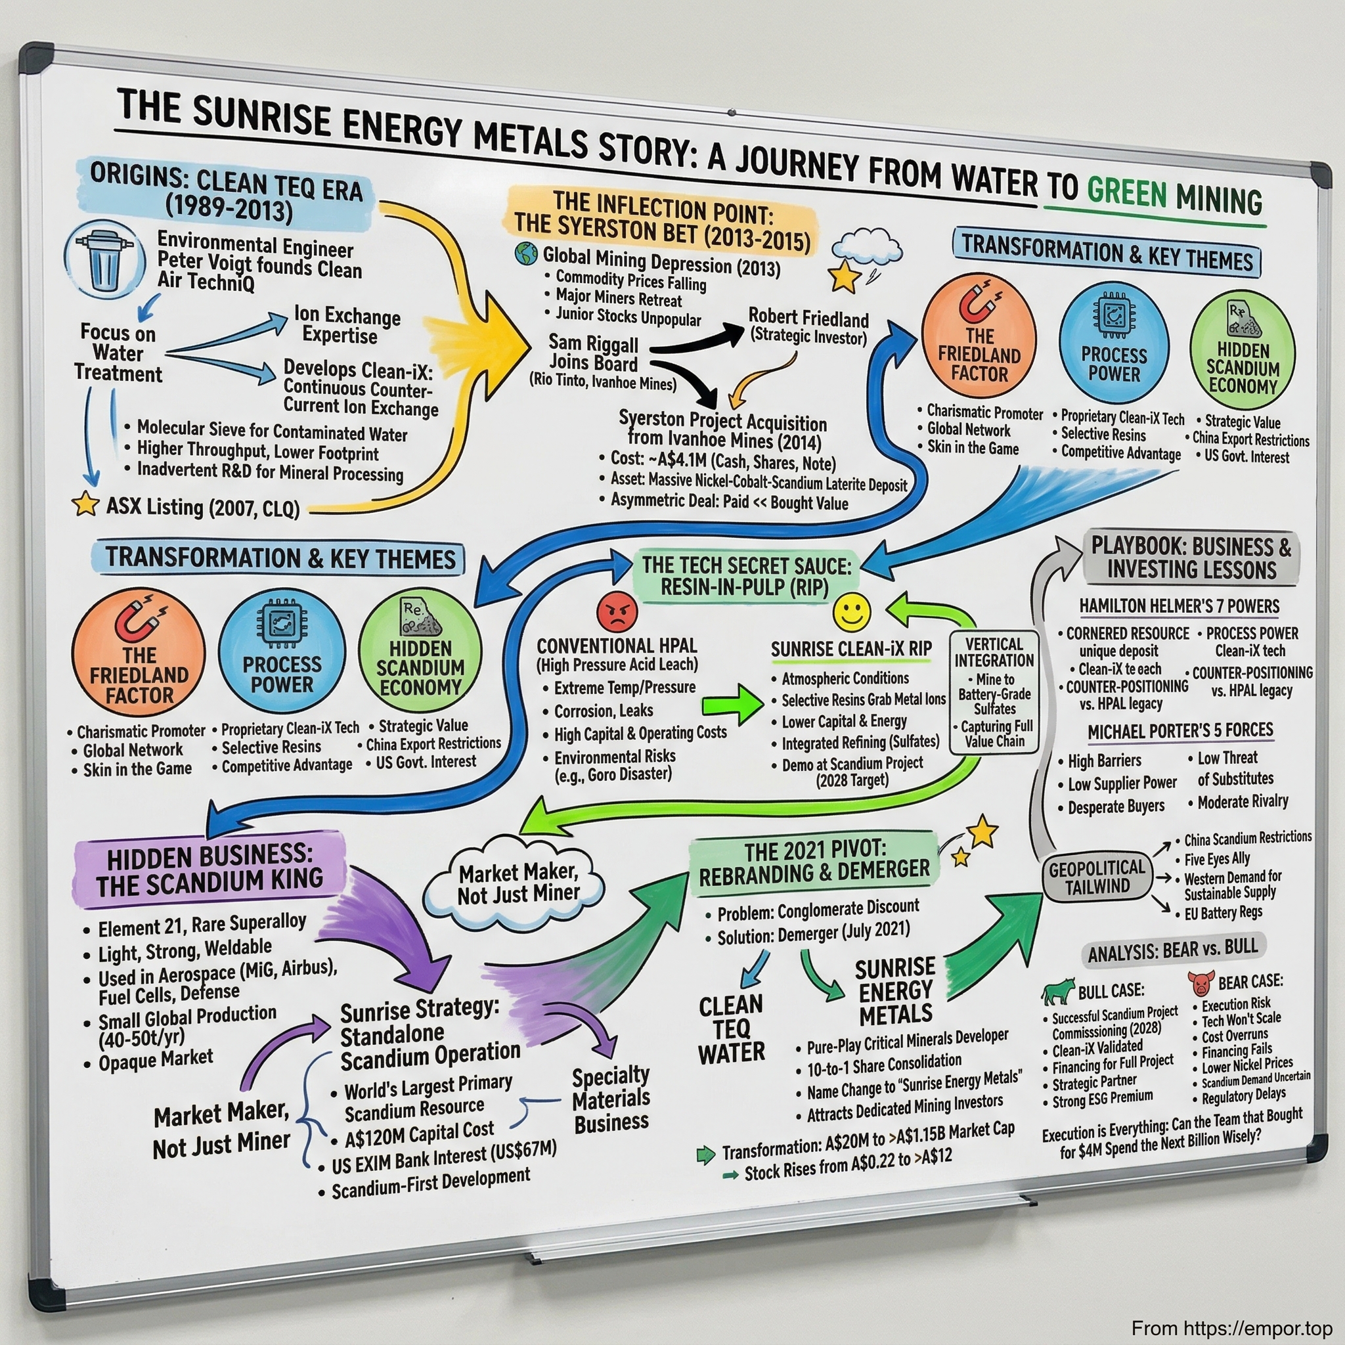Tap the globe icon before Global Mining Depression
[x=526, y=254]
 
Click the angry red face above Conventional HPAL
[x=617, y=612]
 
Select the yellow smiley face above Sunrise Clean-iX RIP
[x=851, y=613]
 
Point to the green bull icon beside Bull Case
[x=1058, y=991]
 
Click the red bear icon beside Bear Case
[x=1201, y=983]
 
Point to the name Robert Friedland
[x=808, y=318]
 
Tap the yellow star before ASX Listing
[x=85, y=503]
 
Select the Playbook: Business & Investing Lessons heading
[x=1191, y=558]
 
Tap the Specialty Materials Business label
[x=611, y=1099]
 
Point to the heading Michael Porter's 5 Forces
[x=1180, y=731]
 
